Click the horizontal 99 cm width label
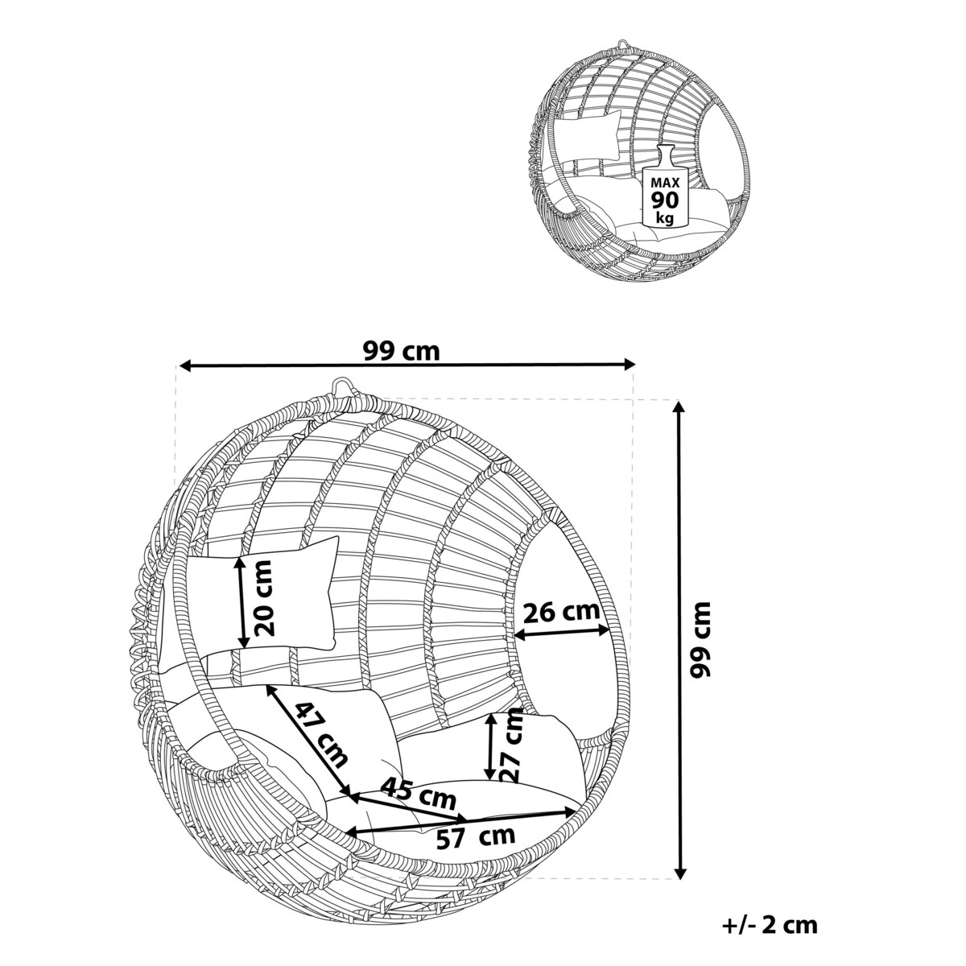pyautogui.click(x=401, y=350)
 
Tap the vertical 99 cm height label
pyautogui.click(x=700, y=640)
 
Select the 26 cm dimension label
pyautogui.click(x=561, y=612)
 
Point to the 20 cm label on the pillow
pyautogui.click(x=264, y=598)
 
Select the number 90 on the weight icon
pyautogui.click(x=665, y=200)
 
